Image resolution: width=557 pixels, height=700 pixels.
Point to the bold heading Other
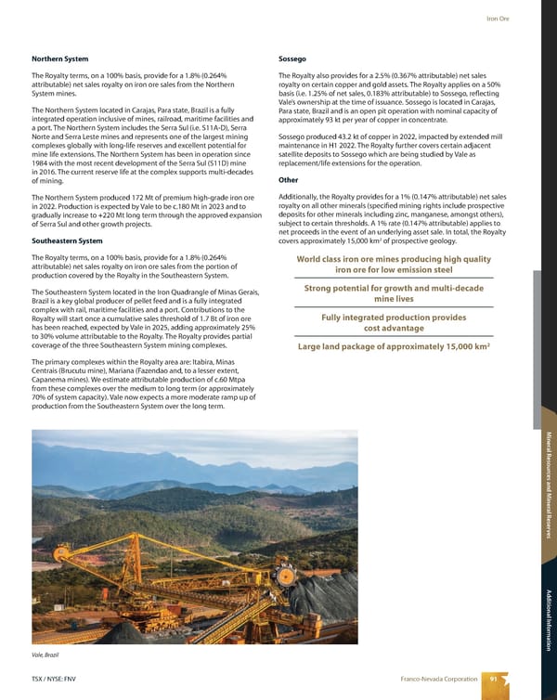pyautogui.click(x=288, y=180)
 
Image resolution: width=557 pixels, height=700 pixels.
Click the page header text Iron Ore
pyautogui.click(x=525, y=19)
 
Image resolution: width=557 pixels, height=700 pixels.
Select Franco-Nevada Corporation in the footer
pyautogui.click(x=432, y=680)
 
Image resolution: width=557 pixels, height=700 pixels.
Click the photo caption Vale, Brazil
pyautogui.click(x=47, y=655)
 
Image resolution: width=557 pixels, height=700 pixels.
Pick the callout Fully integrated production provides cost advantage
pyautogui.click(x=394, y=322)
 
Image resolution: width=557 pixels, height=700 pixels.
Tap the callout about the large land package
pyautogui.click(x=394, y=347)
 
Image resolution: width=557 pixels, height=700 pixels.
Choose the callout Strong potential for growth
pyautogui.click(x=394, y=293)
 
